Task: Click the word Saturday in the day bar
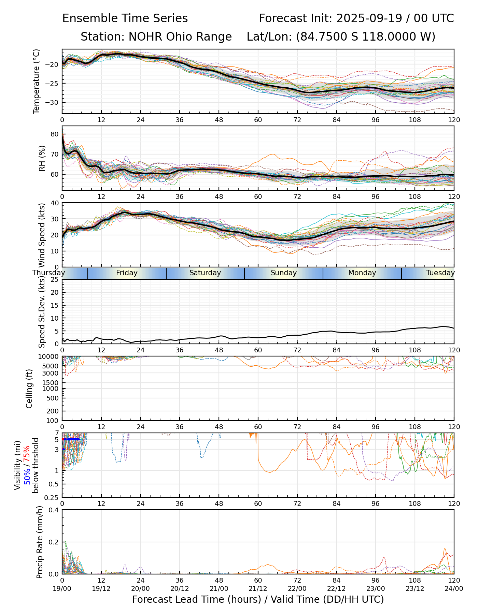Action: pyautogui.click(x=205, y=273)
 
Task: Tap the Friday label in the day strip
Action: pyautogui.click(x=127, y=273)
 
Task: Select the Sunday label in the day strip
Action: pyautogui.click(x=283, y=273)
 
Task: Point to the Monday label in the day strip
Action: pyautogui.click(x=362, y=273)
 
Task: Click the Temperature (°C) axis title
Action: pyautogui.click(x=37, y=81)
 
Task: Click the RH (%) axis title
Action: pyautogui.click(x=42, y=158)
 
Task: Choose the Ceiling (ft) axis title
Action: pyautogui.click(x=29, y=388)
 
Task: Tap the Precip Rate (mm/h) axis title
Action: pyautogui.click(x=40, y=542)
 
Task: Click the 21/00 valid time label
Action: pyautogui.click(x=219, y=588)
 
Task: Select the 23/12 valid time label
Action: pyautogui.click(x=415, y=588)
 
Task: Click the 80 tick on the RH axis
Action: pyautogui.click(x=55, y=134)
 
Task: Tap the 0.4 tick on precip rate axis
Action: pyautogui.click(x=54, y=510)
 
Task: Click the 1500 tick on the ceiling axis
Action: pyautogui.click(x=52, y=383)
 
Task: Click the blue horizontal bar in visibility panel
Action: pyautogui.click(x=71, y=439)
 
